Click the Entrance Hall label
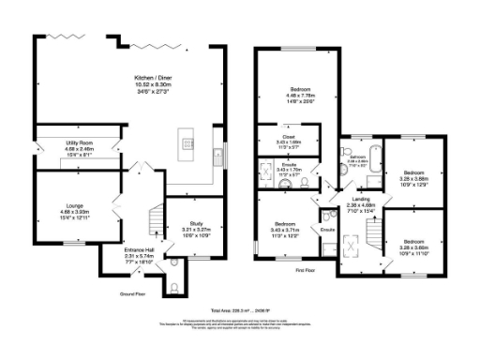coord(118,252)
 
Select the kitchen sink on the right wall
coord(217,154)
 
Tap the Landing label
coord(361,203)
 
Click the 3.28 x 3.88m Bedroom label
coord(414,176)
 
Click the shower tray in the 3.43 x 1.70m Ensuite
coord(266,174)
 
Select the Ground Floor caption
coord(132,293)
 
